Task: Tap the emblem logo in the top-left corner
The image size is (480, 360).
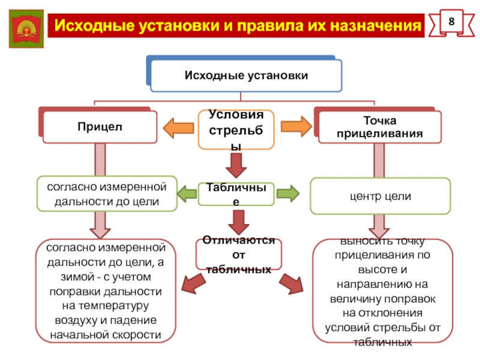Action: click(x=27, y=28)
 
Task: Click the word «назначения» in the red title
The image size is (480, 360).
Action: click(x=380, y=26)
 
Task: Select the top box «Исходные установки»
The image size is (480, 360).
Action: click(x=245, y=76)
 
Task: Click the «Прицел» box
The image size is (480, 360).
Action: click(x=100, y=127)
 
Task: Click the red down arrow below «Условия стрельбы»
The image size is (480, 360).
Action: click(x=236, y=163)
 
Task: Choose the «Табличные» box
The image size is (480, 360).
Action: click(x=236, y=194)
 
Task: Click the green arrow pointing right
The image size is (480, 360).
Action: click(x=287, y=194)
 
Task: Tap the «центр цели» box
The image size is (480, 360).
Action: click(x=380, y=196)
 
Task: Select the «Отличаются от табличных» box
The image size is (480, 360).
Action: click(x=236, y=255)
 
